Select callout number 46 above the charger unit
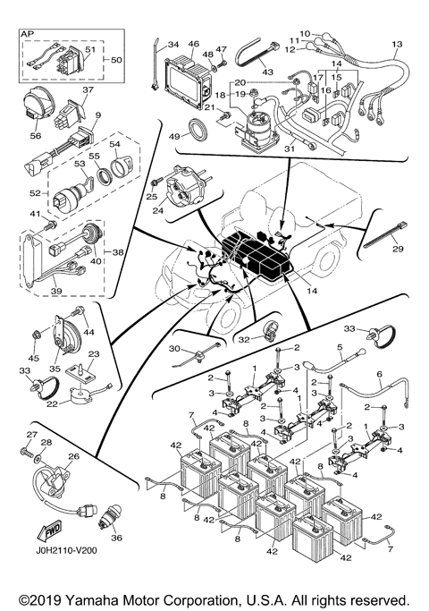coord(194,44)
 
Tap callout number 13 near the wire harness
coord(397,44)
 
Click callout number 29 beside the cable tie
coord(398,249)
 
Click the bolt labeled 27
coord(27,452)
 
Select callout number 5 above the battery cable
coord(340,346)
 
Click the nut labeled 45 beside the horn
coord(36,334)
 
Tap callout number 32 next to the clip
coord(244,340)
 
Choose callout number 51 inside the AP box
coord(90,49)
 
